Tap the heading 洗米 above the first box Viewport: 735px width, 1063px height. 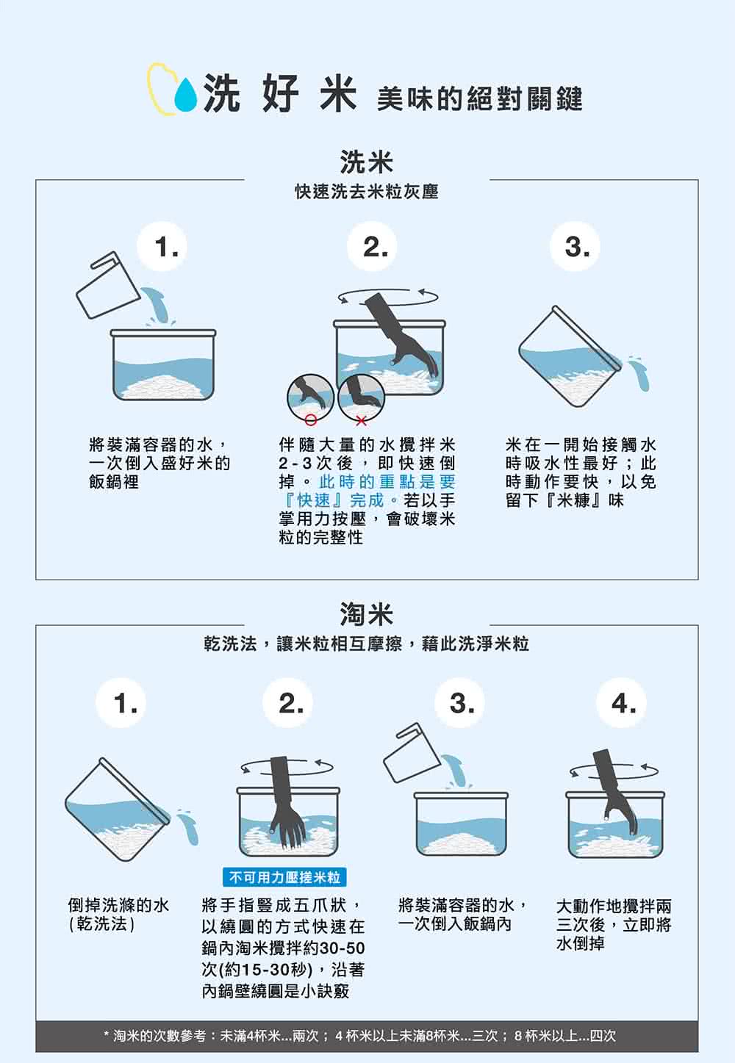366,162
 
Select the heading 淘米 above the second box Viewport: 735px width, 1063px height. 366,613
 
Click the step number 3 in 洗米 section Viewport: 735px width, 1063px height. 576,248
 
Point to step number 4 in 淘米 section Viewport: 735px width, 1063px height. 623,703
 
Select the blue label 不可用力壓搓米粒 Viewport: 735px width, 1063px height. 284,877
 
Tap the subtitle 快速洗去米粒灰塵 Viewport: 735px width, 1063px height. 366,192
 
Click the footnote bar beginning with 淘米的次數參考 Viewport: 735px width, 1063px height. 366,1036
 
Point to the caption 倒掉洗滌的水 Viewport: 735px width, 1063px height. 118,905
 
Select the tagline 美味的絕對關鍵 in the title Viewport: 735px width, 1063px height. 479,98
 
